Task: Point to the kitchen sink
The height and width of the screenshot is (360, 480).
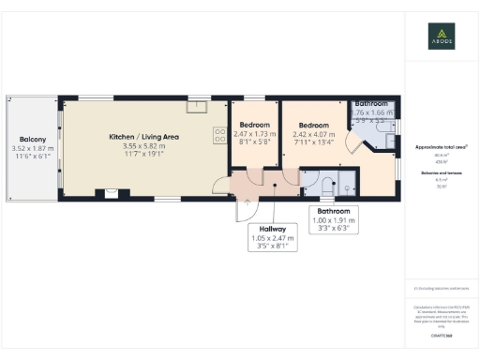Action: [x=197, y=105]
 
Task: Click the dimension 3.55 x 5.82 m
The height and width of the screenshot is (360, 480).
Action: [x=143, y=146]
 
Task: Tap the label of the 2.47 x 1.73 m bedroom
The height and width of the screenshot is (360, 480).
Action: [x=254, y=125]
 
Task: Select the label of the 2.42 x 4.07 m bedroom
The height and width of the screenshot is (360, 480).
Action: [x=313, y=125]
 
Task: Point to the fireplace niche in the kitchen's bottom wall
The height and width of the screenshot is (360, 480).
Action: [x=112, y=195]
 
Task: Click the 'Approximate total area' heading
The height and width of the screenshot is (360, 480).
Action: [x=441, y=148]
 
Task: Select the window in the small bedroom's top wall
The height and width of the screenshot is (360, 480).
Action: [x=254, y=97]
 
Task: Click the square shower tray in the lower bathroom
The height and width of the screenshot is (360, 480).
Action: [x=348, y=185]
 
